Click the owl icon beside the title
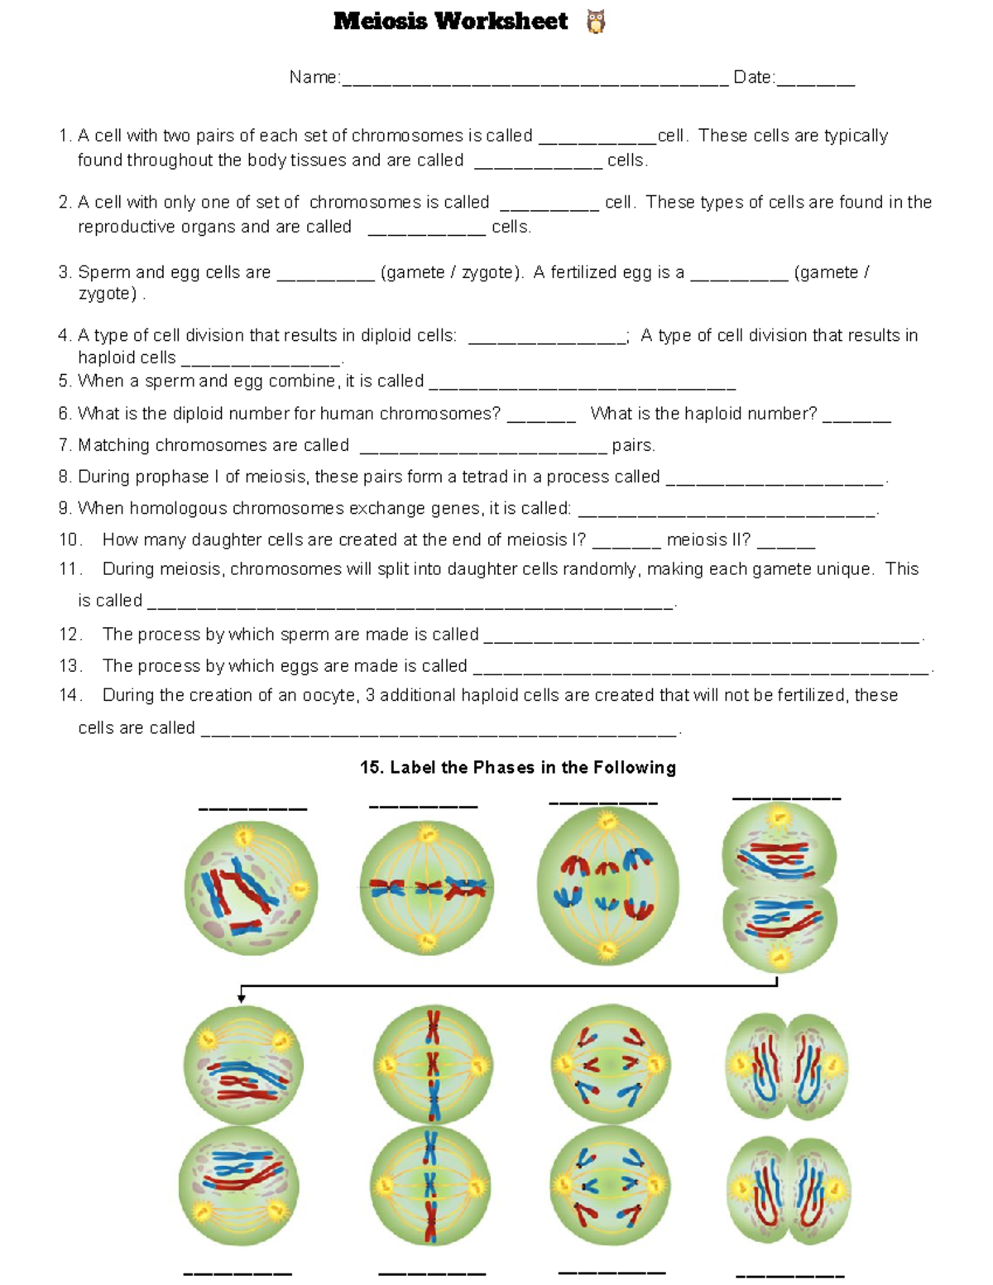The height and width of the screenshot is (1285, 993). [x=595, y=22]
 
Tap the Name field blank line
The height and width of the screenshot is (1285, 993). [x=535, y=81]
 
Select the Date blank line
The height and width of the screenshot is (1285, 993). [x=815, y=81]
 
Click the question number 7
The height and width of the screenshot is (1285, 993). [x=65, y=445]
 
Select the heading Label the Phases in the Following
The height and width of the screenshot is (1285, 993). [x=518, y=767]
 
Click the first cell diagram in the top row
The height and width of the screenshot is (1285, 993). [x=251, y=888]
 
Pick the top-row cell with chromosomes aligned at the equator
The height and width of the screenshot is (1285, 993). [x=427, y=888]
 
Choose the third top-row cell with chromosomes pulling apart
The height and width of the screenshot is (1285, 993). [x=607, y=885]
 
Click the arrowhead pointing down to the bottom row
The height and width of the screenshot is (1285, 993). [x=241, y=998]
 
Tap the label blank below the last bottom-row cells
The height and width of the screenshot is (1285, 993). [x=789, y=1275]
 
